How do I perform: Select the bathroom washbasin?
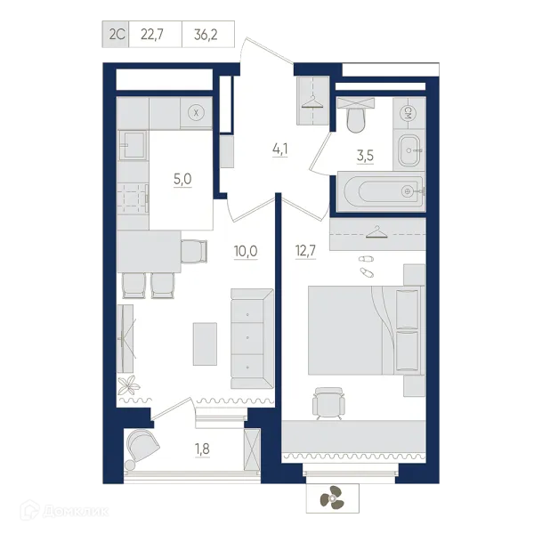coord(409,150)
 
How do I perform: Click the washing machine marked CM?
coord(409,113)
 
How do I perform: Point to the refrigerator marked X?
coord(196,113)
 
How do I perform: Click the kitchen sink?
coord(133,145)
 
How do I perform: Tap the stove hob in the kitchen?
coord(133,198)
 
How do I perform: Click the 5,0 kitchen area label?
coord(182,179)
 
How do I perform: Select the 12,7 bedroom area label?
coord(305,251)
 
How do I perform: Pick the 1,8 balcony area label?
coord(202,449)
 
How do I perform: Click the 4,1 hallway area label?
coord(280,150)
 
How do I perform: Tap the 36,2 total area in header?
coord(206,35)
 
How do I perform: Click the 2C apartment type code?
coord(117,35)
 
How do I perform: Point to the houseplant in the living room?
coord(129,385)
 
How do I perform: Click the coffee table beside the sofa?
coord(205,344)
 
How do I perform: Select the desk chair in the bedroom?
coord(328,403)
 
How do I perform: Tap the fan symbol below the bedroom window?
coord(332,498)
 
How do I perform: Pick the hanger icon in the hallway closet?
coord(313,101)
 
